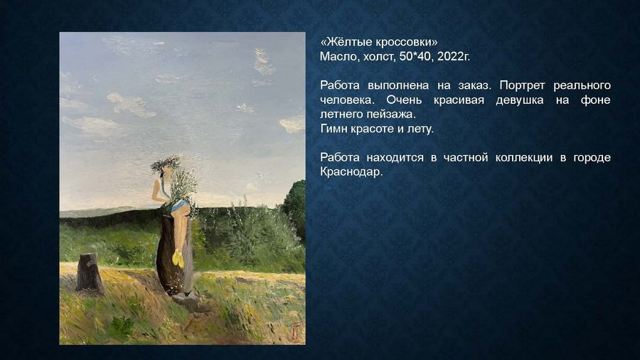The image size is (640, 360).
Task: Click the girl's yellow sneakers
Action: [178, 258]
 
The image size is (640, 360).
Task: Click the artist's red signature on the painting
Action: [293, 329]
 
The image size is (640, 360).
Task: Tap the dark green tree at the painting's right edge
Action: [295, 206]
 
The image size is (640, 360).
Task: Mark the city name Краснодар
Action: [351, 171]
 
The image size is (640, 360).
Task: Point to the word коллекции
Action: [513, 157]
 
